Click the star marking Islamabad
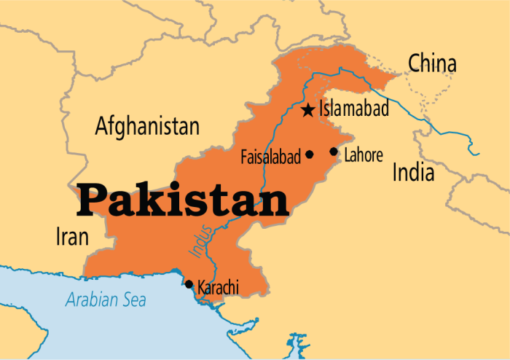coord(308,111)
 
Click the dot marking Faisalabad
coord(310,154)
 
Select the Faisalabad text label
coord(270,156)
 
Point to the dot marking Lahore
coord(334,152)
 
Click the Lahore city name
coord(364,154)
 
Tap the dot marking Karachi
coord(189,284)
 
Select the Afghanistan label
coord(147,127)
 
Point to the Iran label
coord(72,236)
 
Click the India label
coord(413,173)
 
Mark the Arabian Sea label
coord(106,299)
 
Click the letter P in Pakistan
coord(93,200)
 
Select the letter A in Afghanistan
coord(102,127)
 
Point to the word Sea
coord(133,299)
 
